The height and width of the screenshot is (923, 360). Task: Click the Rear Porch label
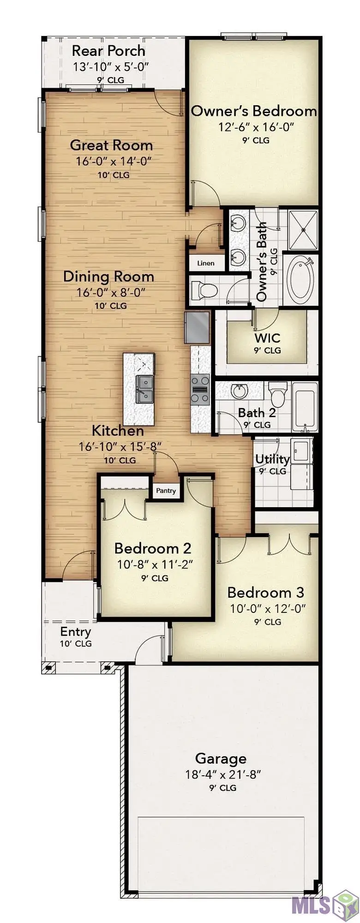(x=108, y=50)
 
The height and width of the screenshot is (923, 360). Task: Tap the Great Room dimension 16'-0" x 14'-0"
(x=114, y=161)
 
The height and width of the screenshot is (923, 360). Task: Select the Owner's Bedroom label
(x=254, y=111)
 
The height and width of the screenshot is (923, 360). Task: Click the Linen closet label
(x=206, y=263)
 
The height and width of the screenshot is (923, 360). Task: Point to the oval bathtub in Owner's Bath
(x=300, y=280)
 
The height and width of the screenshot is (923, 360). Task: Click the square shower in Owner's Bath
(x=303, y=229)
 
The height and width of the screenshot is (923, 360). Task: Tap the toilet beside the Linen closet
(x=204, y=290)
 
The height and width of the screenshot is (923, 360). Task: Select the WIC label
(x=267, y=337)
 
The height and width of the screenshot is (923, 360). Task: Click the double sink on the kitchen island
(x=144, y=389)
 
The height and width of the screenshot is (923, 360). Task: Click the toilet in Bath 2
(x=278, y=393)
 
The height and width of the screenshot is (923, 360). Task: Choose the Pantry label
(x=166, y=491)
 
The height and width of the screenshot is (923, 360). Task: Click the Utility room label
(x=272, y=459)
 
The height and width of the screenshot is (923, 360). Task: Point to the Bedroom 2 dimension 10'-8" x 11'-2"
(x=155, y=564)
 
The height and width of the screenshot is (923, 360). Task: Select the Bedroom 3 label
(x=266, y=592)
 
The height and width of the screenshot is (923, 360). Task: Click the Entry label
(x=76, y=631)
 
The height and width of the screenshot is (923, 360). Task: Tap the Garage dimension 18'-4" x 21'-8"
(x=223, y=774)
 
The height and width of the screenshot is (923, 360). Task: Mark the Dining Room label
(x=108, y=276)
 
